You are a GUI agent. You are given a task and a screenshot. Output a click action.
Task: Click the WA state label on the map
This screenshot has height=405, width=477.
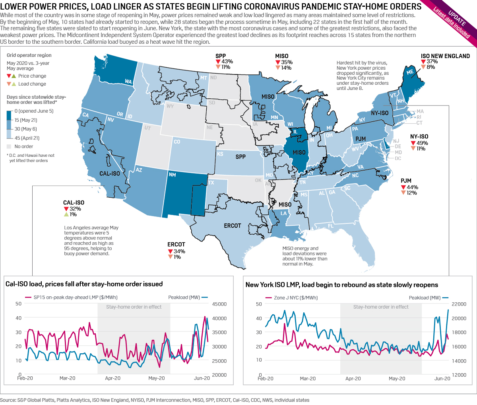point(128,82)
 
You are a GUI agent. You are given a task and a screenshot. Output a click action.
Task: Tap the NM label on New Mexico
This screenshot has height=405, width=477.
point(172,175)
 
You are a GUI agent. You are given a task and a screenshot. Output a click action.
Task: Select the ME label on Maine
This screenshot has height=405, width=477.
point(410,72)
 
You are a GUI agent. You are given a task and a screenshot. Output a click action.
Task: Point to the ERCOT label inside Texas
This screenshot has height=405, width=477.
point(233,226)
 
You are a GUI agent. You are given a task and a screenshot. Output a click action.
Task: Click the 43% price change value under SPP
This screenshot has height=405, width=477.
point(227,62)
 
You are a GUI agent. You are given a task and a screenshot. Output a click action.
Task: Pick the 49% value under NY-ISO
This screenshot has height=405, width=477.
point(422,143)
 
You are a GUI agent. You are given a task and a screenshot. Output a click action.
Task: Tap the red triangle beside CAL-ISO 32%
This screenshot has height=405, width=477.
point(66,209)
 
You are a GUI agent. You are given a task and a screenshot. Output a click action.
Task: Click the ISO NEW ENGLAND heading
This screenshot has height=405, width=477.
point(445,56)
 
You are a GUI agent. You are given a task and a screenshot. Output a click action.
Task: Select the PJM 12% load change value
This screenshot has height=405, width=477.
point(412,193)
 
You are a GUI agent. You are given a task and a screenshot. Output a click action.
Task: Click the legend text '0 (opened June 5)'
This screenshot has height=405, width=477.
point(34,111)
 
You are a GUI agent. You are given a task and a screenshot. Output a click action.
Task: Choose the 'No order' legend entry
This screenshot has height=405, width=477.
point(23,146)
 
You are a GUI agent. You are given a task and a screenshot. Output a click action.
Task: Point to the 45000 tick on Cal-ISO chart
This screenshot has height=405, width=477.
point(219,304)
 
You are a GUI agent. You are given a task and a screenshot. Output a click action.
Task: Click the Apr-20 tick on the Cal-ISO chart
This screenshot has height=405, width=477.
point(112,378)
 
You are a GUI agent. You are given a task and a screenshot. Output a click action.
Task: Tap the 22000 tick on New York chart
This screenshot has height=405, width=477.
point(459,304)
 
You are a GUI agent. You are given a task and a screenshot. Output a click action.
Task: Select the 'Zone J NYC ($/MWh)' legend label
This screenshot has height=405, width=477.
point(296,298)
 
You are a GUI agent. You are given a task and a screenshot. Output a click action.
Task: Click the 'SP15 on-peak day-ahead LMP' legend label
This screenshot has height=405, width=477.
point(75,297)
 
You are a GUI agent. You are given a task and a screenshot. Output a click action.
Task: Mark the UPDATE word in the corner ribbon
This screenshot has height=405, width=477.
point(457,18)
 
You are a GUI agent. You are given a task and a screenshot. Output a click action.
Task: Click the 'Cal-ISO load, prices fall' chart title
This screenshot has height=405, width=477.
point(84,284)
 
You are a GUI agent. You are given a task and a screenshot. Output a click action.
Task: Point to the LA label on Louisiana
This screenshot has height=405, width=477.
point(283,213)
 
